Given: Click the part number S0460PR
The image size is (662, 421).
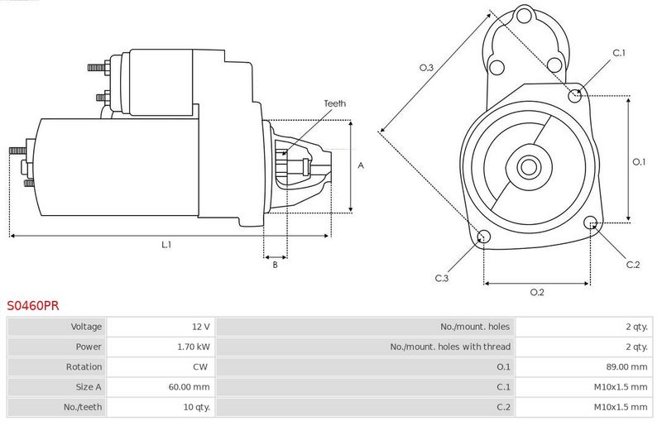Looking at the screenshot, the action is click(x=33, y=305).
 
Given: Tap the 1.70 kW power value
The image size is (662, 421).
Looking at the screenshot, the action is click(x=194, y=347).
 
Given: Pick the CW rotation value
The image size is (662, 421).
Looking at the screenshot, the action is click(x=200, y=366).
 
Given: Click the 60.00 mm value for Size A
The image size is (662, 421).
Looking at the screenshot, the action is click(x=189, y=387).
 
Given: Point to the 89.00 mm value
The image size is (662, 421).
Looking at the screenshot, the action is click(x=626, y=366).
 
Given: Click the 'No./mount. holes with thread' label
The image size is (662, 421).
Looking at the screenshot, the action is click(x=450, y=347).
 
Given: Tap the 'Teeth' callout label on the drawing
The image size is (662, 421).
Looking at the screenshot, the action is click(x=334, y=103).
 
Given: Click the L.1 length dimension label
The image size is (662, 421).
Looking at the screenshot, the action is click(x=166, y=244).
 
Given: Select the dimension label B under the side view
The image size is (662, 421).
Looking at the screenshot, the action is click(x=275, y=265).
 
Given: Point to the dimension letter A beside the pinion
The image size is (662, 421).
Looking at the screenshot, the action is click(x=361, y=165).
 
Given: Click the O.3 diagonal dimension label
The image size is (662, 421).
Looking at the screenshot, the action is click(x=426, y=68).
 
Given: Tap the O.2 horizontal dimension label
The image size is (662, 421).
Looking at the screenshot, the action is click(x=537, y=292).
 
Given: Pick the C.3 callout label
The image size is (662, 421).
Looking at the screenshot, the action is click(x=442, y=278).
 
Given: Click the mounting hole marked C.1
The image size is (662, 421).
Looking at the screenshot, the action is click(x=574, y=96).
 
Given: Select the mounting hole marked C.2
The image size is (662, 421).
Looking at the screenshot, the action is click(x=590, y=223).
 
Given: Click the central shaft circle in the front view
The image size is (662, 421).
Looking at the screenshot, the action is click(x=529, y=167).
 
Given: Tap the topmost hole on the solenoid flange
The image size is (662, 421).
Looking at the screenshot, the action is click(x=524, y=17).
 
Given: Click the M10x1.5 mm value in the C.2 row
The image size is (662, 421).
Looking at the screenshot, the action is click(x=621, y=407).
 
